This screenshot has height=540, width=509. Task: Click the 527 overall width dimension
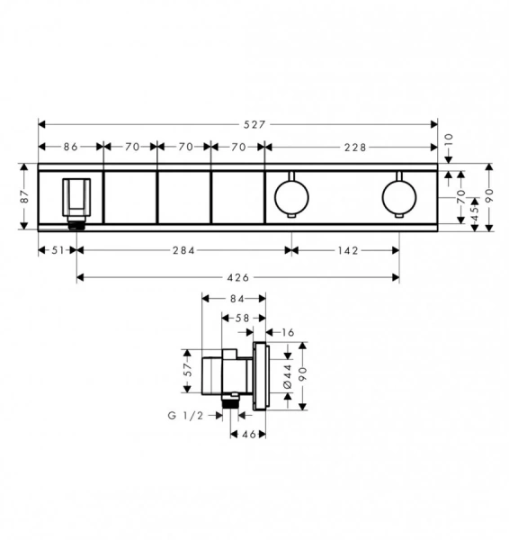coord(254,124)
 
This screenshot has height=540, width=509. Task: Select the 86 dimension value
coord(71,147)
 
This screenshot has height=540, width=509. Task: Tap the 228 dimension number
coord(355,148)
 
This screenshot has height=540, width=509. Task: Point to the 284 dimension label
coord(183,250)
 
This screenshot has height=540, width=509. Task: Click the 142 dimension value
coord(348,250)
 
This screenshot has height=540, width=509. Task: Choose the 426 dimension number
coord(238,277)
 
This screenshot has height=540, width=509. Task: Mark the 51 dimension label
coord(58,250)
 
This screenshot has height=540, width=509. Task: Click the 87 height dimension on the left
coord(25,196)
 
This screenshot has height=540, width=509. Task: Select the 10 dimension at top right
coord(449,140)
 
